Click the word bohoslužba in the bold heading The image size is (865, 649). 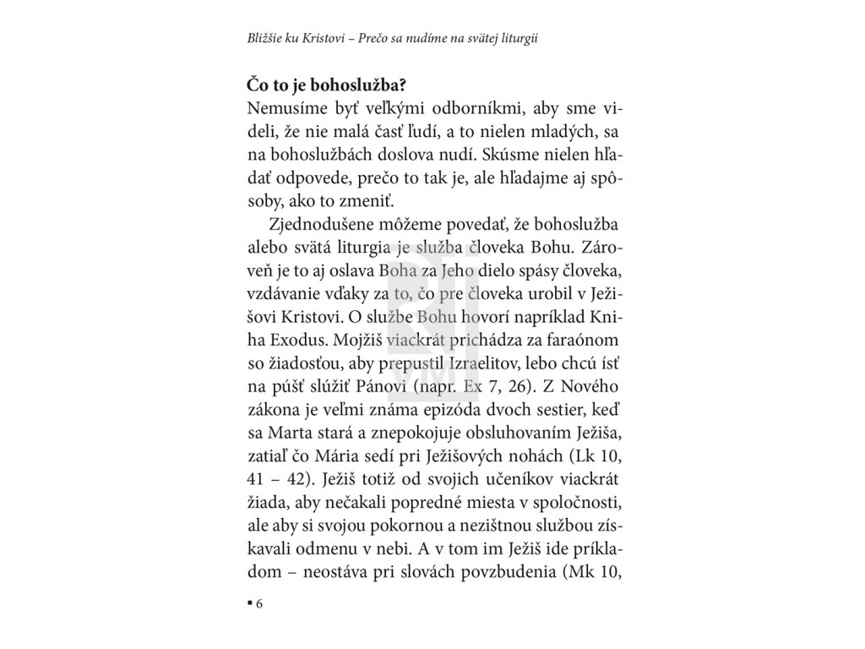(352, 85)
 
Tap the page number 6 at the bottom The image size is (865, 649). (260, 604)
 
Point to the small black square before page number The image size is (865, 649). (250, 603)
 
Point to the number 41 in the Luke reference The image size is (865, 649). (259, 479)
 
